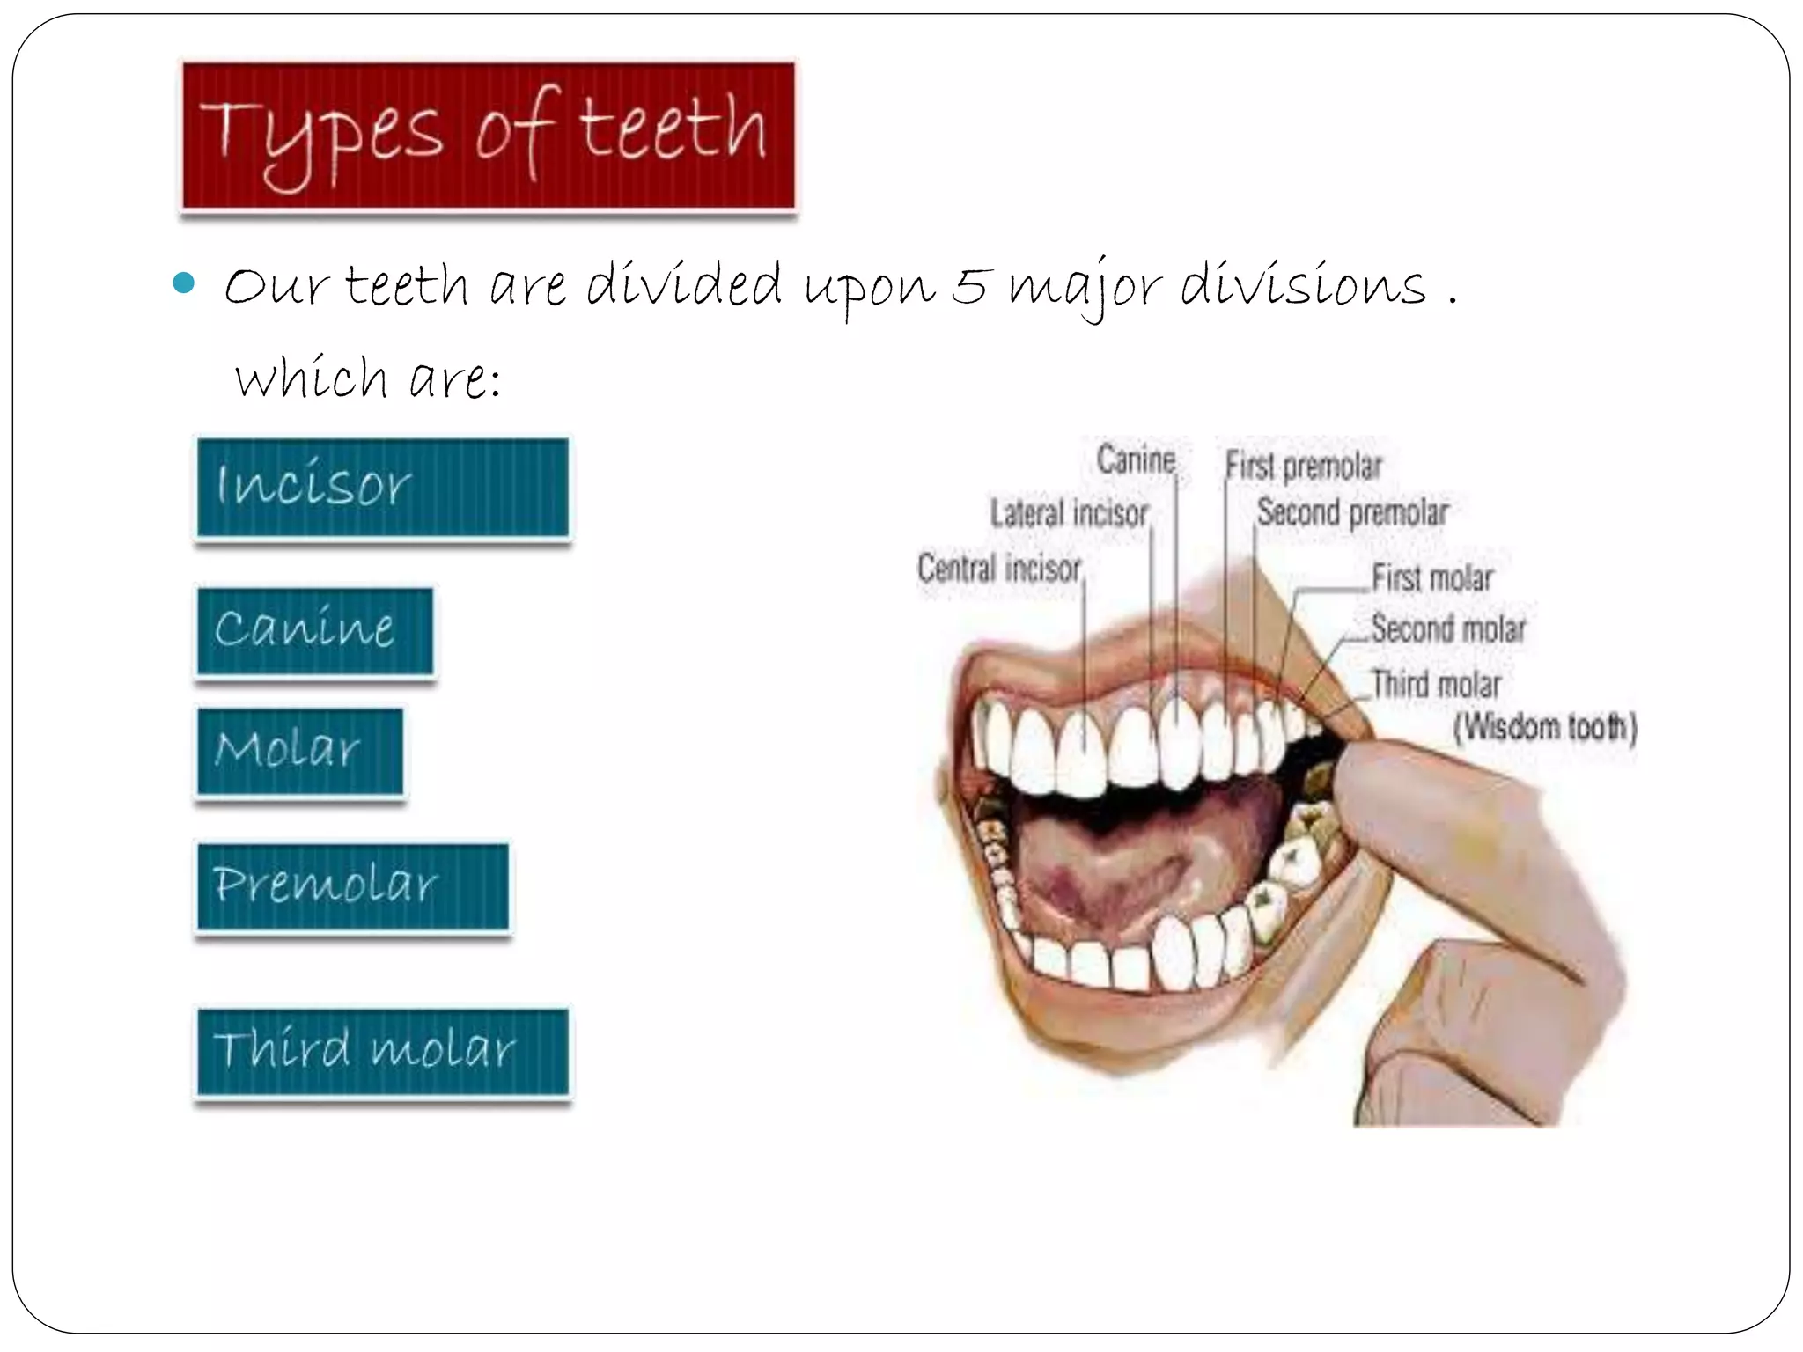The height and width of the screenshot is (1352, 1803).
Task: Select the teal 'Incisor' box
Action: (x=382, y=487)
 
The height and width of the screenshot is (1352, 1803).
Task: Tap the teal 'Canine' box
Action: (x=315, y=631)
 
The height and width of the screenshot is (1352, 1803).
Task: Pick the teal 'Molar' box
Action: (x=299, y=752)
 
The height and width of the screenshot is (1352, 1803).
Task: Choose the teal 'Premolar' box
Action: (x=352, y=885)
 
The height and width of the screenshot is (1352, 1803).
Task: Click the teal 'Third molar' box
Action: (x=382, y=1051)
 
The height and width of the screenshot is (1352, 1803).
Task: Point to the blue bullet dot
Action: (x=184, y=283)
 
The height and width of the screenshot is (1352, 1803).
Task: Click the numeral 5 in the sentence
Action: (x=969, y=286)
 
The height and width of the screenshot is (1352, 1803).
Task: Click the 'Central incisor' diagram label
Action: (x=999, y=569)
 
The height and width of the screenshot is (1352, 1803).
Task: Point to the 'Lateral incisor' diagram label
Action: (x=1069, y=513)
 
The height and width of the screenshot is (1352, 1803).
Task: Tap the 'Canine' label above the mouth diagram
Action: (x=1136, y=459)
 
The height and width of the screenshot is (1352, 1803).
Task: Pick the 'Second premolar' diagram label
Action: (x=1352, y=512)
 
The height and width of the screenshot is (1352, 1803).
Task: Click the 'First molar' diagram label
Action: (x=1432, y=578)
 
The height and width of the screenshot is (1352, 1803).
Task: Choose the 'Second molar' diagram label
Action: (x=1448, y=629)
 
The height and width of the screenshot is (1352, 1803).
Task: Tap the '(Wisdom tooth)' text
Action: (x=1545, y=728)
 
